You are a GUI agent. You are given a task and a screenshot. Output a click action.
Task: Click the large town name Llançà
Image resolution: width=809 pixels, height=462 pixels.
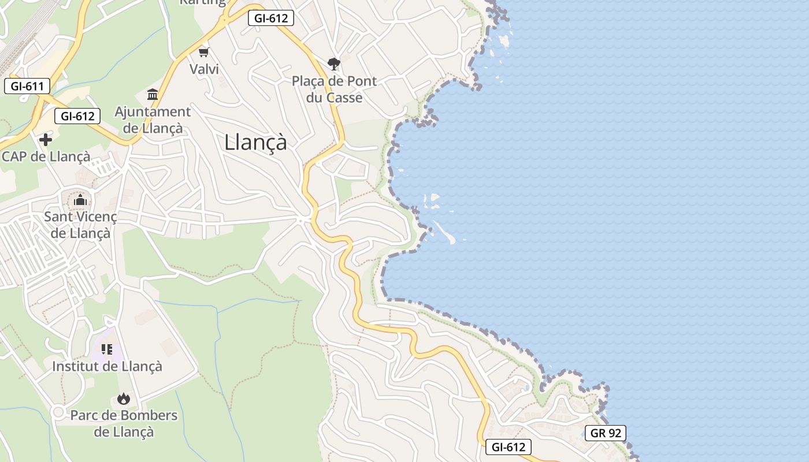(255, 142)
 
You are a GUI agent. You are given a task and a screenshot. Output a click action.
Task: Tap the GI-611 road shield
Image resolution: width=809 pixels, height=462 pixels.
(27, 87)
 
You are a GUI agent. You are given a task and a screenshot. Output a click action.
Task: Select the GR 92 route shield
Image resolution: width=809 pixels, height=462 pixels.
(605, 433)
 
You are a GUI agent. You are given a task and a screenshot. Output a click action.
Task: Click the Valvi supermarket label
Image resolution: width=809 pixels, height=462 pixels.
(204, 69)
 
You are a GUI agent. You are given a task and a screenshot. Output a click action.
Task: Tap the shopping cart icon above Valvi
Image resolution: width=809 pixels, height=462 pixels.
(203, 53)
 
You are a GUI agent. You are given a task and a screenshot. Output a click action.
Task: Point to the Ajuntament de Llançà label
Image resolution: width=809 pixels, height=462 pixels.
(152, 120)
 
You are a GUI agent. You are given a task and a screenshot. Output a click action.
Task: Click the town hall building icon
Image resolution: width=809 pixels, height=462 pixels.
(153, 94)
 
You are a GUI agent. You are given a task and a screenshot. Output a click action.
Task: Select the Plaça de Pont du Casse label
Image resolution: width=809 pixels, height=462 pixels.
(334, 90)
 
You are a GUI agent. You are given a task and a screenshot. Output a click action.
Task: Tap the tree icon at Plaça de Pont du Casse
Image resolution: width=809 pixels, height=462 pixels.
(333, 64)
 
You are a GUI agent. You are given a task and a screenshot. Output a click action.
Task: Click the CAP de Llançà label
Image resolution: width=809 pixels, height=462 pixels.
(46, 157)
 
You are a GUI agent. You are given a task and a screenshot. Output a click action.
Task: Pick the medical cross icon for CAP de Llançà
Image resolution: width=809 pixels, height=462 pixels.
(45, 139)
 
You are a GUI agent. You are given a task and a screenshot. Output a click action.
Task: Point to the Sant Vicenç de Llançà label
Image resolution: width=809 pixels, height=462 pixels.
(80, 225)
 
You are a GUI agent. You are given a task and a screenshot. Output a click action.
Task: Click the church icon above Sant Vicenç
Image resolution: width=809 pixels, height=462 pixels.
(80, 200)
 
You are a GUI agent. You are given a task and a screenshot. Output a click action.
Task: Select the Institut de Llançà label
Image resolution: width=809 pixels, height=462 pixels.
(107, 366)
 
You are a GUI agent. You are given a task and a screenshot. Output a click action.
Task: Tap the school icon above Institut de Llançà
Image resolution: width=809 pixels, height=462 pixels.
(106, 349)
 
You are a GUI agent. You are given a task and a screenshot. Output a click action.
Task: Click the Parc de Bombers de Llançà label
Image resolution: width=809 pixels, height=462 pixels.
(124, 423)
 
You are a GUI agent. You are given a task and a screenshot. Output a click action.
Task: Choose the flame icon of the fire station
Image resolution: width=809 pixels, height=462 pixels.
(123, 398)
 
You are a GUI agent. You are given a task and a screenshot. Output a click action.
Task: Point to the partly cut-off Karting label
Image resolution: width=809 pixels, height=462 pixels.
(202, 2)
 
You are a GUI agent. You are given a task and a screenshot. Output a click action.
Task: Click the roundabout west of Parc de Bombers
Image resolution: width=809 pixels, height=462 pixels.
(57, 412)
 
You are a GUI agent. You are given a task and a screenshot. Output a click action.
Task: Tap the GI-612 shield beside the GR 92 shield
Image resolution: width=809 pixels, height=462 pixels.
(508, 446)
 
